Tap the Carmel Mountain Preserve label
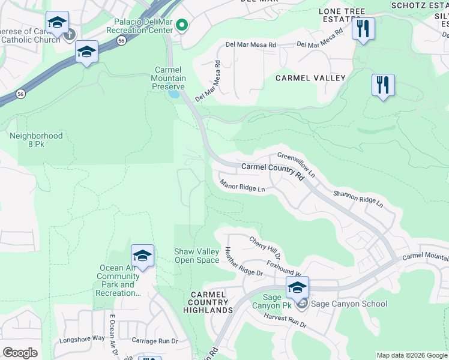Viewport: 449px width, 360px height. [x=168, y=79]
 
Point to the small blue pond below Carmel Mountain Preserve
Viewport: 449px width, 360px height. [x=174, y=94]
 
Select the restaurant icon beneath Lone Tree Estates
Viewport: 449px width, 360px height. [x=363, y=28]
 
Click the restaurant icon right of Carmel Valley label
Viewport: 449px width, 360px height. [x=383, y=85]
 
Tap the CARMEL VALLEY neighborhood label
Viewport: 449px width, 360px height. [x=310, y=78]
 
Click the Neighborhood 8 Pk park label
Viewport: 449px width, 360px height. [x=36, y=140]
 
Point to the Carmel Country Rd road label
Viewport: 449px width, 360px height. [x=273, y=169]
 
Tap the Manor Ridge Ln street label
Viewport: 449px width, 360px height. [x=242, y=186]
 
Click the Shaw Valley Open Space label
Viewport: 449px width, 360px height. [x=196, y=256]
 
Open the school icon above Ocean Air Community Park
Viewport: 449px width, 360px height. [x=142, y=256]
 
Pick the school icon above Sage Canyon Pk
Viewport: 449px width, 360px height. [x=297, y=287]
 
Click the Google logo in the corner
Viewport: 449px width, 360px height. [x=20, y=353]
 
